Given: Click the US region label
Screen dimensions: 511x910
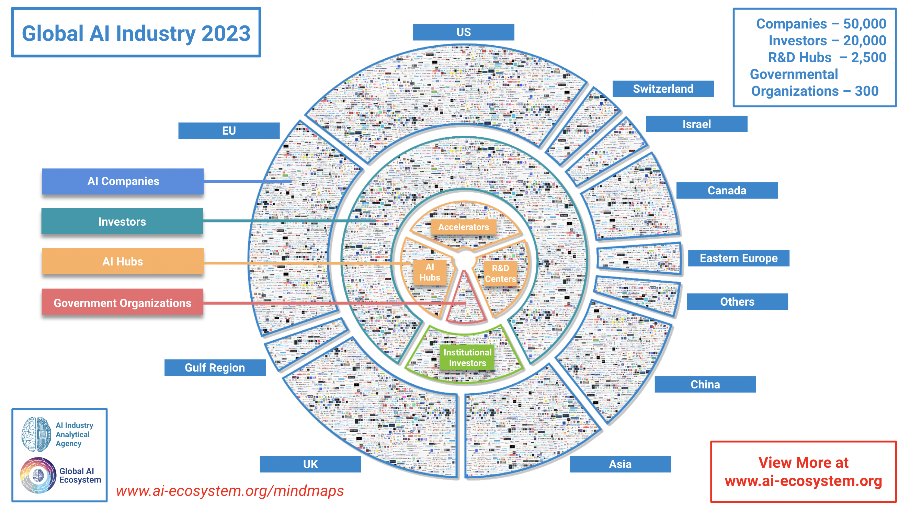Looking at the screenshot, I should (463, 32).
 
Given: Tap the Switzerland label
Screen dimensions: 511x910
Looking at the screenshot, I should (663, 89).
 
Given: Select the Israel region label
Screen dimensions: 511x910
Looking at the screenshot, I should (696, 124).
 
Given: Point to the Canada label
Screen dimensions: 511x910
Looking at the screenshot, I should (727, 191).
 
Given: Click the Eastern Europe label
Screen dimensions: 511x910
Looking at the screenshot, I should (738, 258).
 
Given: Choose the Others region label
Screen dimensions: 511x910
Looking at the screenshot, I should (737, 302).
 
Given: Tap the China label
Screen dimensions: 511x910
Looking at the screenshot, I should (705, 384).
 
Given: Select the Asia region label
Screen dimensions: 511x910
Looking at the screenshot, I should (620, 464).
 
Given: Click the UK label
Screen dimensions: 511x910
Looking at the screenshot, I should (310, 464).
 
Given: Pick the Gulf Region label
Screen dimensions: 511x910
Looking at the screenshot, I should (215, 367).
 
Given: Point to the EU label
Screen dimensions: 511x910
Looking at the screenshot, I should (229, 131).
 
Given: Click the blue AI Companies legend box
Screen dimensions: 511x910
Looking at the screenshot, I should (123, 181).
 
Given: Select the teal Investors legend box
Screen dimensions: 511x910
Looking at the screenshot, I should (122, 222).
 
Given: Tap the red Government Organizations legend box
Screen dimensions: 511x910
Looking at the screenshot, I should (122, 303).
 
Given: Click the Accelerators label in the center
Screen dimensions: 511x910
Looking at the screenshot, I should (463, 227).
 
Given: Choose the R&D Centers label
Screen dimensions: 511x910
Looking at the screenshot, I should (500, 273).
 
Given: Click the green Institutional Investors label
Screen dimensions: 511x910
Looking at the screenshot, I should (467, 357).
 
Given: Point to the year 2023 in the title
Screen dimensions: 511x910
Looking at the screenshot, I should (226, 34).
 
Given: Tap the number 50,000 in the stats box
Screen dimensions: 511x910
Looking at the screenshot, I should (864, 24).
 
